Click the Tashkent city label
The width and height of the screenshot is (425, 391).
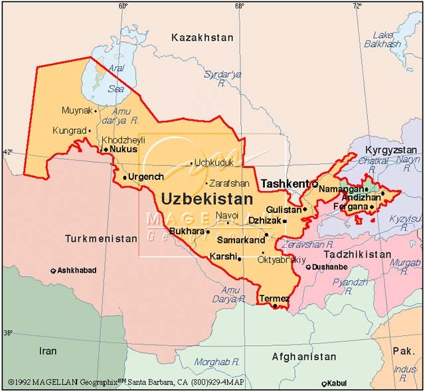(284, 183)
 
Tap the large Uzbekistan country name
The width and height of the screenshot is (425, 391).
(207, 198)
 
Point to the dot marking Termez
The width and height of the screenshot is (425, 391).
(275, 307)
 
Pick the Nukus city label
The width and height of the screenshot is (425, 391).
(124, 149)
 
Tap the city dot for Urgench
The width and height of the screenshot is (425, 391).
(125, 177)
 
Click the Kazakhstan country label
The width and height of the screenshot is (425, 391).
(203, 38)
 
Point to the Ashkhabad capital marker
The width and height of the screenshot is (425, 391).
(53, 271)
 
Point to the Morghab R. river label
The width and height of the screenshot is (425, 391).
(216, 362)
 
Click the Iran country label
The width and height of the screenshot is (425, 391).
(47, 351)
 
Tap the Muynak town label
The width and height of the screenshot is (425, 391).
(76, 110)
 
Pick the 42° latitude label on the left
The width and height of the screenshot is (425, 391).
(7, 152)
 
